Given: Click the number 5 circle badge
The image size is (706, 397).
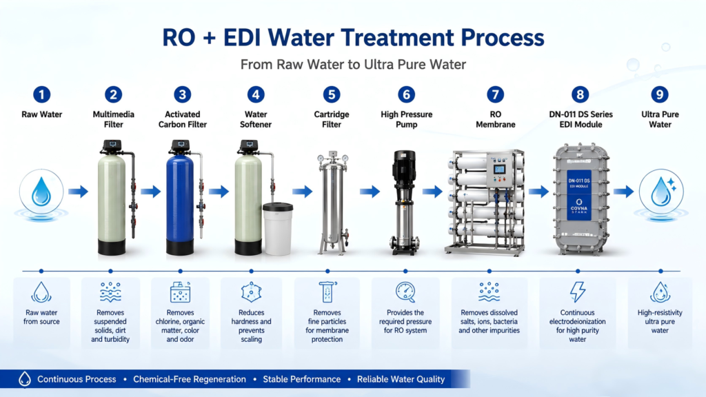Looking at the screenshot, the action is coord(332,94).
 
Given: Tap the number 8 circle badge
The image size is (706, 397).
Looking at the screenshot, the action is coord(580,94).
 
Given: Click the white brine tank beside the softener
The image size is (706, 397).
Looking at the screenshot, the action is coord(278,229).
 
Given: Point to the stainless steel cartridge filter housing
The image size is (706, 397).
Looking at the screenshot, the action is coord(333,203).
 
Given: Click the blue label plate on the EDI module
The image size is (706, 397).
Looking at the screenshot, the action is coord(579,195).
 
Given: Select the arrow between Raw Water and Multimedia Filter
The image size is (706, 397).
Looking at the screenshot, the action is coord(79,192).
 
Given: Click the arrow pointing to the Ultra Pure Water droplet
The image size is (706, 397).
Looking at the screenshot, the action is coord(623,192).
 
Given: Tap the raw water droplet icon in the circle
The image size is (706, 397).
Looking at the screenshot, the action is coord(41,191).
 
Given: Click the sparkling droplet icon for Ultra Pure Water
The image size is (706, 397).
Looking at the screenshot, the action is coord(662,191).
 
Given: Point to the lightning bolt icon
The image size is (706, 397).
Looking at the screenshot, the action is coord(578,292).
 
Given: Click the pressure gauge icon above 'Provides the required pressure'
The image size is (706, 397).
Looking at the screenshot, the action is coord(405,292).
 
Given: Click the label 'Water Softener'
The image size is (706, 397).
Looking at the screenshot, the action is coord(256,119).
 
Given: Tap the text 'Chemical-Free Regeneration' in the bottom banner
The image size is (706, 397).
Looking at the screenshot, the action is coord(190,380).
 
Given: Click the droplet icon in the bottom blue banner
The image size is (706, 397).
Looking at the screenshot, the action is coord(25,379).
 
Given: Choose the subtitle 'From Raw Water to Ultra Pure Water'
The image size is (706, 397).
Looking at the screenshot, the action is coord(353,64).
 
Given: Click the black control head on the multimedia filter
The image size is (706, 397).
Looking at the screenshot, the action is coord(112,145).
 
